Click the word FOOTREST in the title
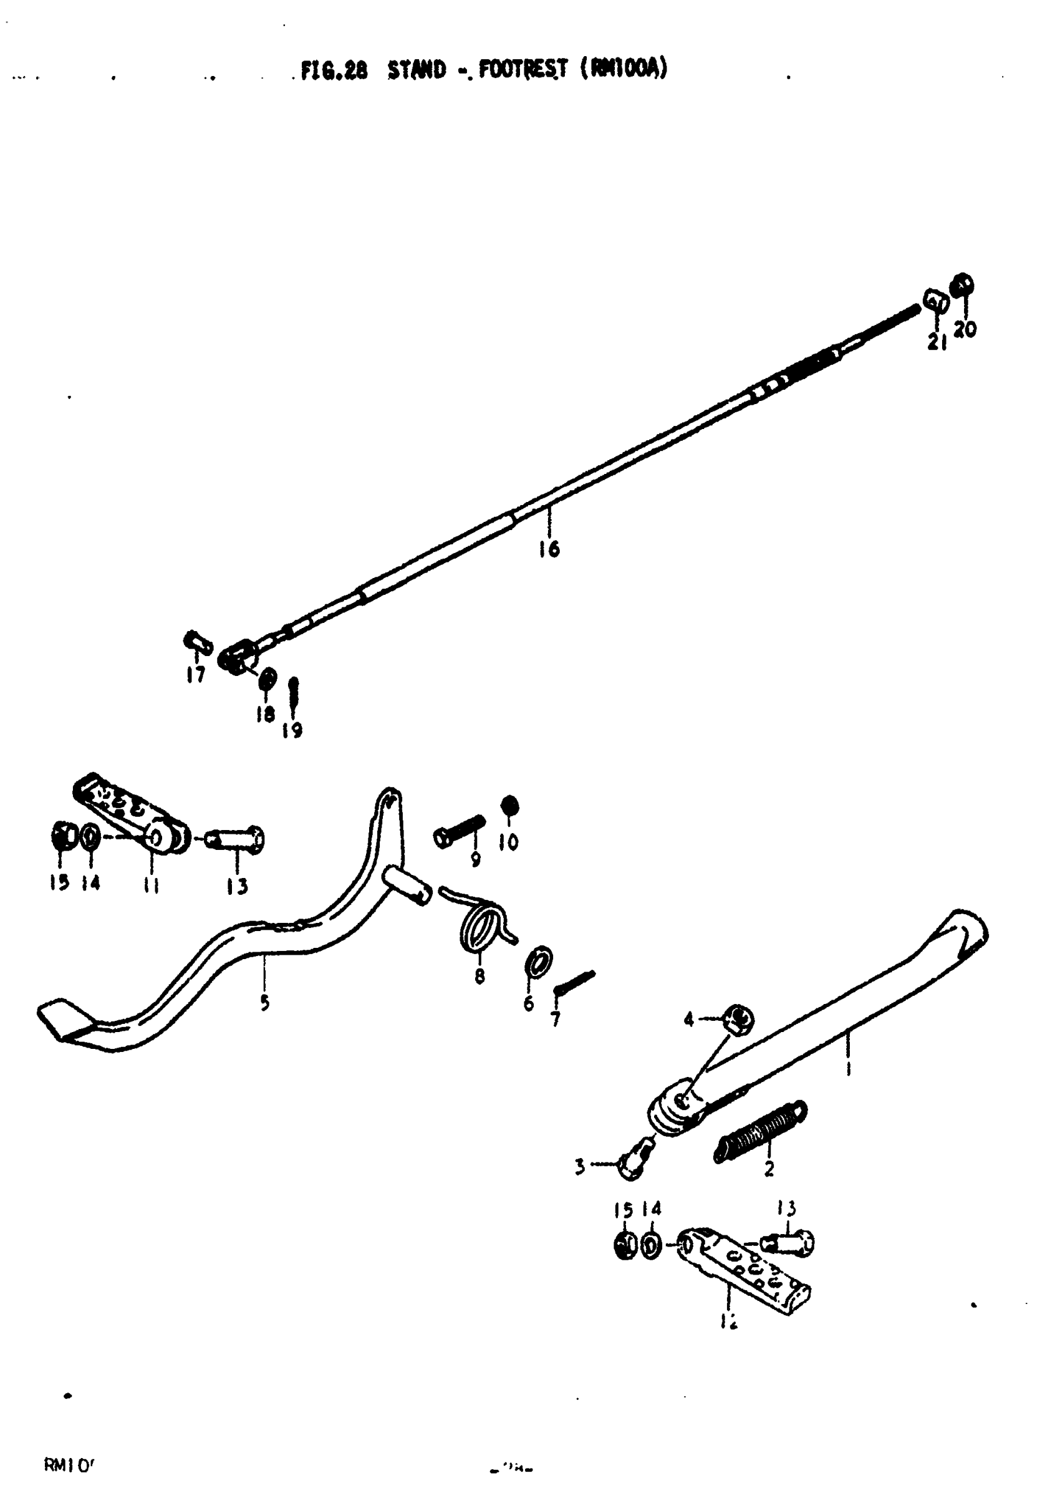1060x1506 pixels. pos(523,69)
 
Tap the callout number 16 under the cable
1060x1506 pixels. pos(549,548)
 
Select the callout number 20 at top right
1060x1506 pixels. pos(965,329)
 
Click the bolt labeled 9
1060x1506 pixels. pos(460,831)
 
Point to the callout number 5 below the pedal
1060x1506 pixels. pos(264,1003)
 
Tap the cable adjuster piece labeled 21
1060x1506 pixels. pos(936,302)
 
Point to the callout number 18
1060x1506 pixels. pos(265,714)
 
